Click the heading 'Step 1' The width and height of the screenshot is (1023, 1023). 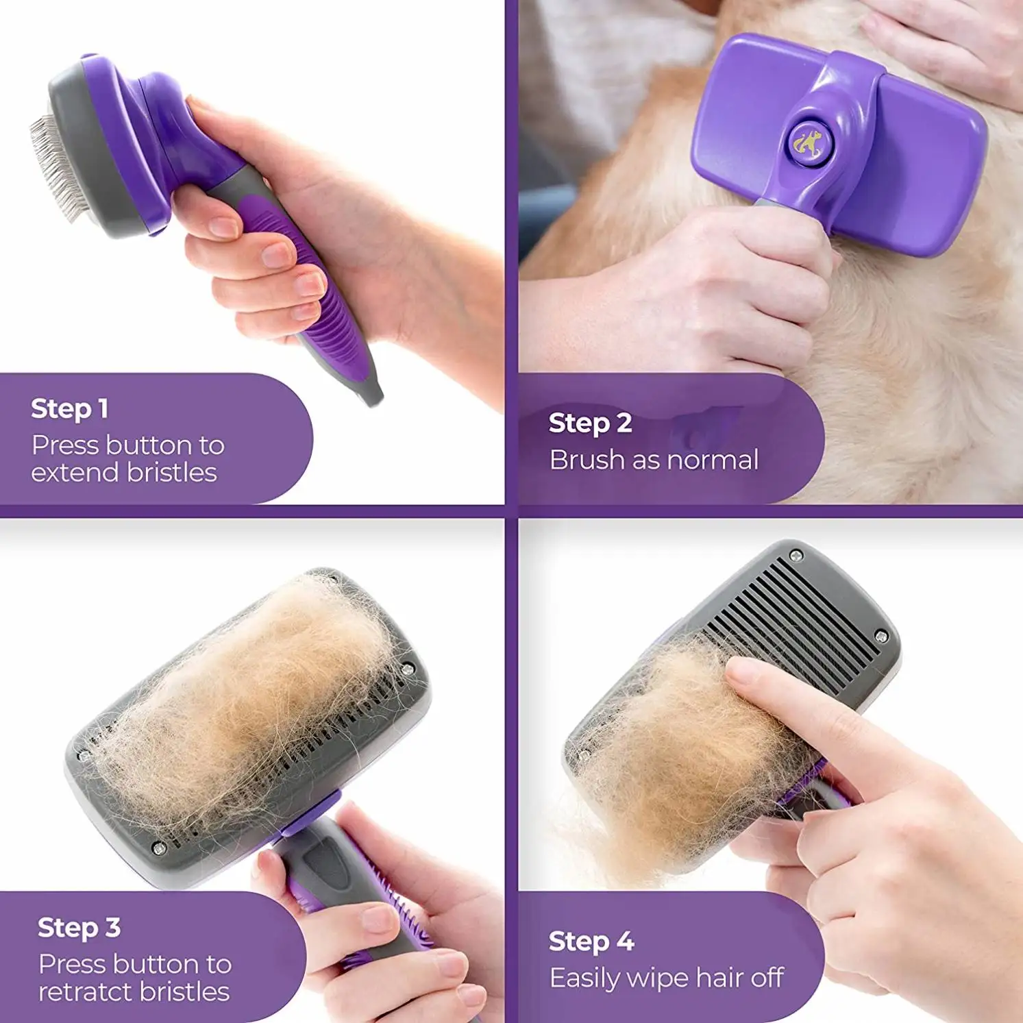click(69, 409)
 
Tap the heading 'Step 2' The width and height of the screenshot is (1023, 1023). click(590, 423)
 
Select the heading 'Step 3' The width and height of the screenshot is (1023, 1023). click(79, 928)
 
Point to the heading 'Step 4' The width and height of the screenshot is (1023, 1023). click(591, 942)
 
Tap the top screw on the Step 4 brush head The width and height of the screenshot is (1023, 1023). click(796, 555)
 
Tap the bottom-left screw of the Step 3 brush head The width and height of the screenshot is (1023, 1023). click(159, 849)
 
